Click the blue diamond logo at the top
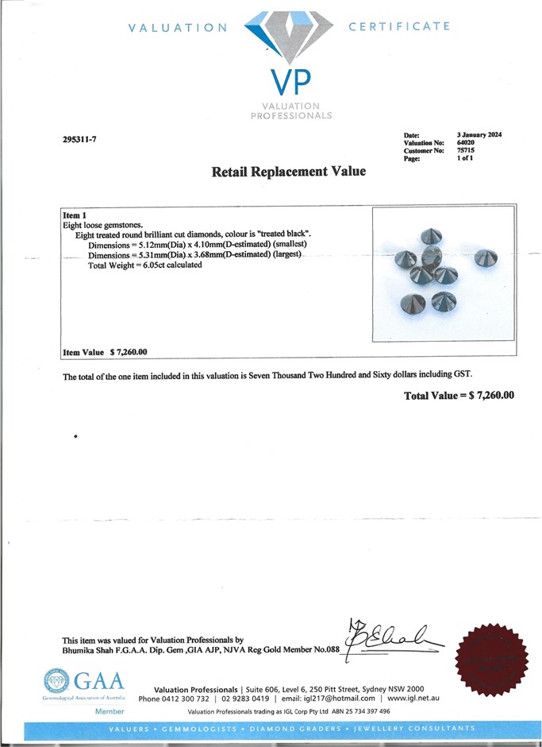(x=289, y=37)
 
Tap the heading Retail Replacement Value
(x=289, y=171)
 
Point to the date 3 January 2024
(x=479, y=134)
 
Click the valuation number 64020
(x=466, y=142)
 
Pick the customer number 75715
(x=466, y=150)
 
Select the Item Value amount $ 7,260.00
(x=129, y=351)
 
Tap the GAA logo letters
(x=98, y=682)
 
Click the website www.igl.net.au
(x=413, y=699)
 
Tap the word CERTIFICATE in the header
(x=399, y=26)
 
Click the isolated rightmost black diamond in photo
(x=485, y=258)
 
